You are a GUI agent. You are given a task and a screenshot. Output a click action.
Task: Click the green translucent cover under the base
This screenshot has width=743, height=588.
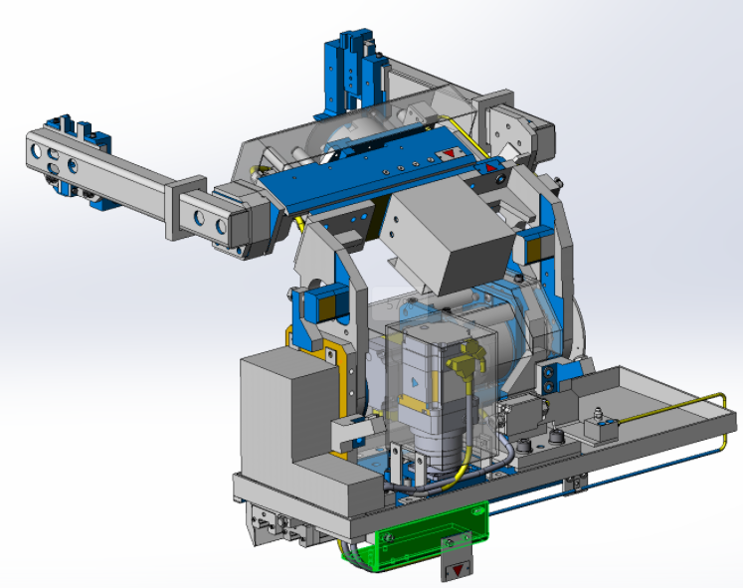click(x=418, y=541)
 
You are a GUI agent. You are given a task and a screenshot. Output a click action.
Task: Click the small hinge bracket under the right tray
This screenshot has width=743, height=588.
click(x=571, y=487)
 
